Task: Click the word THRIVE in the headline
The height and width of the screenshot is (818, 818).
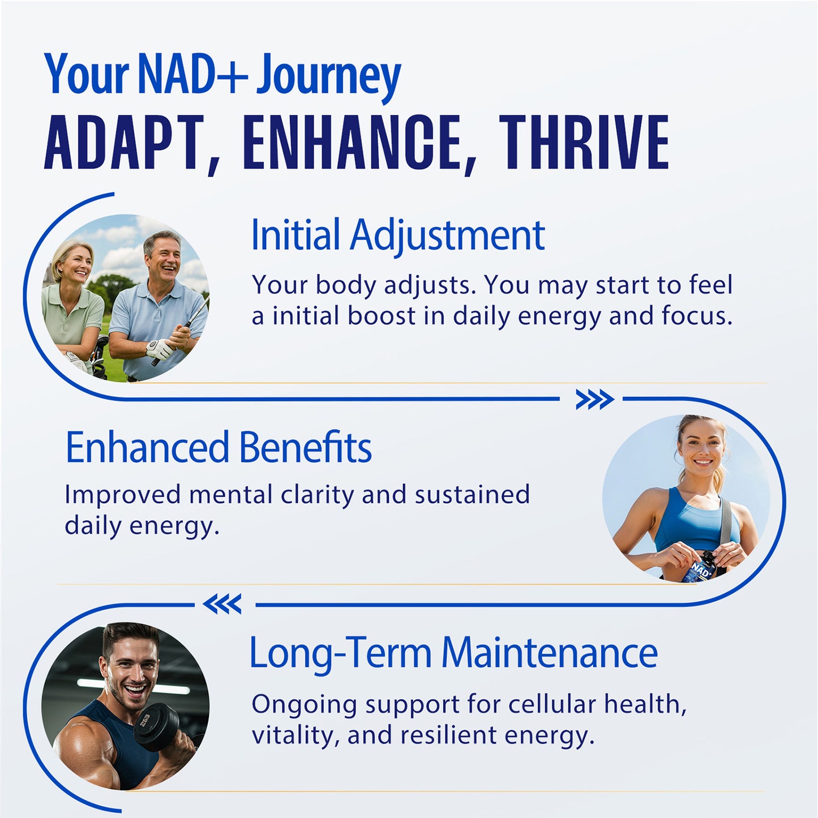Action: click(584, 142)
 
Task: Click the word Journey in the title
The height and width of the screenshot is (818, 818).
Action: click(328, 75)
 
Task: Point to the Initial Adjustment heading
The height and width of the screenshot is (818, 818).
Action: click(397, 235)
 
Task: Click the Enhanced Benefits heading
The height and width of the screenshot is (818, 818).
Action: click(219, 447)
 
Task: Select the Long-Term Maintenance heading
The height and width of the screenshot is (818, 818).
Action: click(453, 653)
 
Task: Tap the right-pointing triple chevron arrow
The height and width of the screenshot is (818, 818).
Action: click(594, 400)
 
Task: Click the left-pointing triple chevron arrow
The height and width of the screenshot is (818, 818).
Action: click(222, 605)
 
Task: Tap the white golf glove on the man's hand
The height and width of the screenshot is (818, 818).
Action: click(159, 348)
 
